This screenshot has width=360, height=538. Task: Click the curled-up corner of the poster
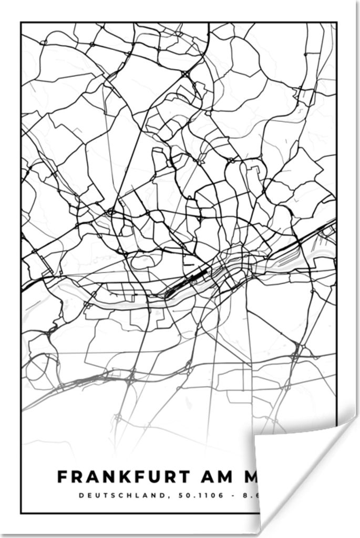coord(294,462)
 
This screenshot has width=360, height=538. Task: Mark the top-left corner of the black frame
coord(21,23)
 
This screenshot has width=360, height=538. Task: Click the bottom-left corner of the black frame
coord(21,513)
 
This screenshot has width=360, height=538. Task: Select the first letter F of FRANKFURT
coord(63,477)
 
